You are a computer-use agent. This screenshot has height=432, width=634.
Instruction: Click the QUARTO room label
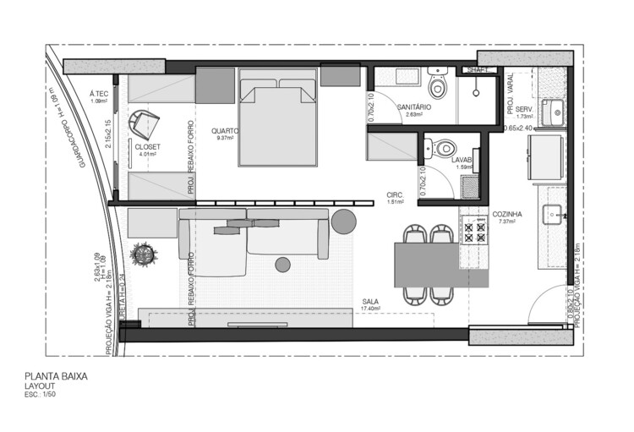(x=225, y=131)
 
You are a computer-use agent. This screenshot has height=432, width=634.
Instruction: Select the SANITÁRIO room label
(x=414, y=107)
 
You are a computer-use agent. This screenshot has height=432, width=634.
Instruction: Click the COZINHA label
(x=507, y=215)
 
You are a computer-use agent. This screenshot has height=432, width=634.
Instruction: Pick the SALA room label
(x=370, y=302)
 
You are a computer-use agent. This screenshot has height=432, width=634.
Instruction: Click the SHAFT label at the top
(x=475, y=71)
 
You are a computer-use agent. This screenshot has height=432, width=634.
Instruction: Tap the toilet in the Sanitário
(x=437, y=85)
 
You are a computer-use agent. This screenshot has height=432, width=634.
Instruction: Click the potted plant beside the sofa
(x=142, y=253)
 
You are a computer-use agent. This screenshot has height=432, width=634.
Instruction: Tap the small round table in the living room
(x=282, y=265)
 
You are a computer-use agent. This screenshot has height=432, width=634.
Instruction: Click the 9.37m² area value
(x=225, y=139)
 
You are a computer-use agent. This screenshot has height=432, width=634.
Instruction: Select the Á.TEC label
(x=101, y=94)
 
